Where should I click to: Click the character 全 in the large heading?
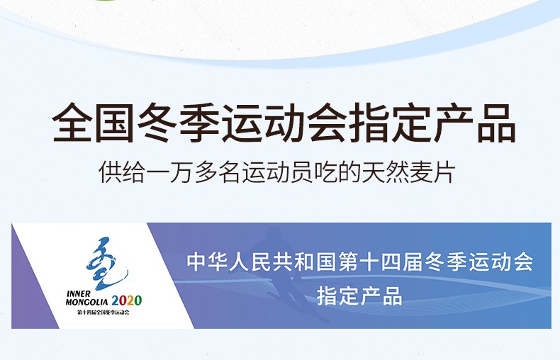(72, 123)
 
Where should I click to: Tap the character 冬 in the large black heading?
(157, 123)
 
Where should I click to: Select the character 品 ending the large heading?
(496, 123)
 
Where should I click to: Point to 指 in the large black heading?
(369, 123)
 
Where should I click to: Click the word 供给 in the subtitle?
(122, 172)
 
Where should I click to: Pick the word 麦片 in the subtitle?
(433, 172)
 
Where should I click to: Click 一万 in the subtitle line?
(169, 172)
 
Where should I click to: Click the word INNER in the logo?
(79, 294)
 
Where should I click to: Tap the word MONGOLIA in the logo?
(86, 302)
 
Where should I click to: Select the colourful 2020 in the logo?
(127, 300)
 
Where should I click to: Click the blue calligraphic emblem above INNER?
(106, 262)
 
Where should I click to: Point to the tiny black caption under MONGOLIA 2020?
(103, 313)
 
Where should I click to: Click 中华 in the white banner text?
(208, 261)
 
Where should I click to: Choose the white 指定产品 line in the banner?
(359, 296)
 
